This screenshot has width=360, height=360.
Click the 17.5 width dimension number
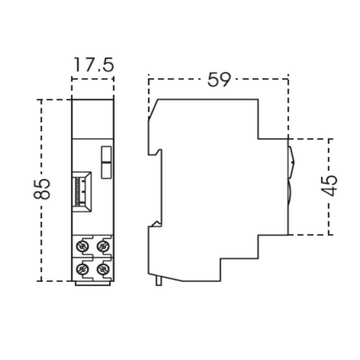[x=93, y=64]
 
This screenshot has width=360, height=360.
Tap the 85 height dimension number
[x=41, y=189]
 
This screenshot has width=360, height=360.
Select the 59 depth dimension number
[x=219, y=80]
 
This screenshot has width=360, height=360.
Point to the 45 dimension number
[x=330, y=185]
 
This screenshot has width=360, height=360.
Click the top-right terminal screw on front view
[x=103, y=246]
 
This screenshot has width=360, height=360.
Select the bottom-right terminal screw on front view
[x=103, y=269]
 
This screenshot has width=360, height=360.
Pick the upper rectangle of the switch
[x=107, y=154]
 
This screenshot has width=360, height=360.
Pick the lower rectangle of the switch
[x=107, y=170]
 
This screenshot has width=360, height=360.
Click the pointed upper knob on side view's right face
[x=291, y=160]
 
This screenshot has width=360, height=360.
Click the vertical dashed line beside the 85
[x=42, y=135]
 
